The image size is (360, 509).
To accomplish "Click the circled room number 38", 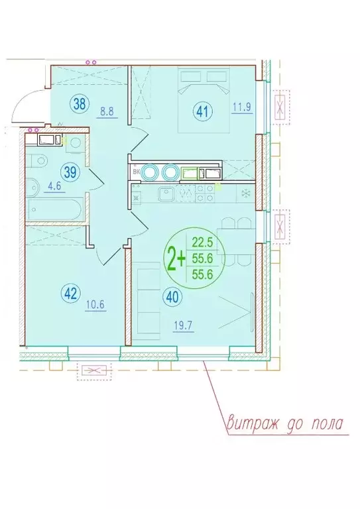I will click(x=78, y=103).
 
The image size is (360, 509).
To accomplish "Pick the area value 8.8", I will click(x=106, y=113).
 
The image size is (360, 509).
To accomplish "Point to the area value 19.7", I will click(x=182, y=325).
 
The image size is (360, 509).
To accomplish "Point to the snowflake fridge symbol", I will click(x=245, y=194).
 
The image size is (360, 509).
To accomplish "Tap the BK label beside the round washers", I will click(x=137, y=172).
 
